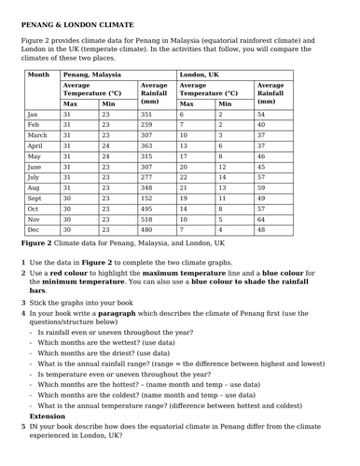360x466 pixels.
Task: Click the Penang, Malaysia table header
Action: (x=92, y=74)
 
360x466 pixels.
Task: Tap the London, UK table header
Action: (x=200, y=74)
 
